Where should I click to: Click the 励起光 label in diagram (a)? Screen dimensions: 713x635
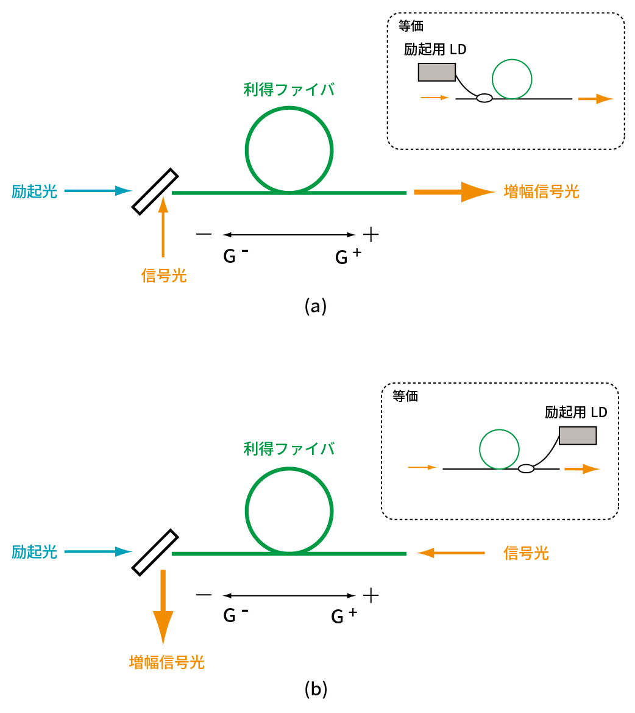34,192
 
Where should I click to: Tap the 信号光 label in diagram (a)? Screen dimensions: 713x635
163,276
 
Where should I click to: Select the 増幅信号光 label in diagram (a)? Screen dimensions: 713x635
541,192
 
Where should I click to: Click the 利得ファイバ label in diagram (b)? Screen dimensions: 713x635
289,450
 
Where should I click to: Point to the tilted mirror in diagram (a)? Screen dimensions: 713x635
155,192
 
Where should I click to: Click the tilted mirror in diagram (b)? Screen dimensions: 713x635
155,552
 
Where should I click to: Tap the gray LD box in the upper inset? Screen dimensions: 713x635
437,72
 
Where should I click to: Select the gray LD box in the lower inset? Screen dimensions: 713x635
577,435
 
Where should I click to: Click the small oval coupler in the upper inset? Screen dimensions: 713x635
484,98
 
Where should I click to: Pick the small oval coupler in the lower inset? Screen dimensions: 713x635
526,468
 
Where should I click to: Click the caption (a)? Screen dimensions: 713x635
316,306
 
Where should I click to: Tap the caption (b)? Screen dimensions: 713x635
316,689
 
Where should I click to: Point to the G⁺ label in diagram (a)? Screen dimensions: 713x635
348,257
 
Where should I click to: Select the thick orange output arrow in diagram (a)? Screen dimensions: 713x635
454,192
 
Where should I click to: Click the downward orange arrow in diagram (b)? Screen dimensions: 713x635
163,606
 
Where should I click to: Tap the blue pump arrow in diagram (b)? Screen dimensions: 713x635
98,552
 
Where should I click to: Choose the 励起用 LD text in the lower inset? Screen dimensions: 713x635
576,413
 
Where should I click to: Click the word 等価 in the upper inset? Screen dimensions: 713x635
411,26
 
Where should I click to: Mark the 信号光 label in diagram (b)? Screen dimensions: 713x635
526,553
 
